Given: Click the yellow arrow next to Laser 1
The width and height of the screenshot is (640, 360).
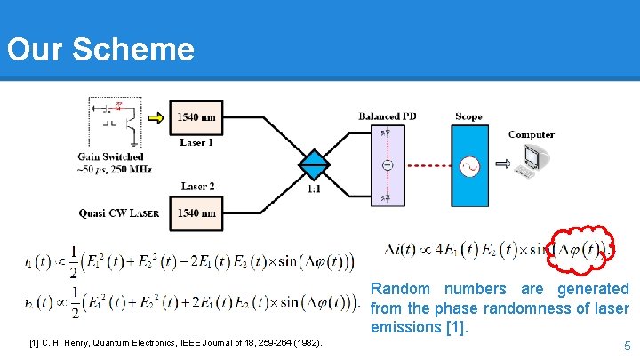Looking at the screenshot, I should pos(156,116).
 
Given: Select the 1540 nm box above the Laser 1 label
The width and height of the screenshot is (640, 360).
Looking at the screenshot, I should pos(196,117).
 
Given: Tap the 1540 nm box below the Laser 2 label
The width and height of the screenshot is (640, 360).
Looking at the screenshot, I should pos(196,212).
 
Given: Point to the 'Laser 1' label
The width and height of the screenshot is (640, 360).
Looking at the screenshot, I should pos(196,141).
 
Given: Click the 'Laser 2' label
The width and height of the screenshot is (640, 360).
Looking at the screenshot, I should pos(197,186).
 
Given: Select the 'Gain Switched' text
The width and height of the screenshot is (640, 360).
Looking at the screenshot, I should pos(110,157).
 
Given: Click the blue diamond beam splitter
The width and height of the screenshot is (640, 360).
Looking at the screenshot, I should pos(313,165).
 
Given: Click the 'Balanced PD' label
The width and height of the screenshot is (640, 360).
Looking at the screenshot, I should pos(388,116).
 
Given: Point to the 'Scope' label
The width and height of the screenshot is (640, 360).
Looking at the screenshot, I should pos(468,116).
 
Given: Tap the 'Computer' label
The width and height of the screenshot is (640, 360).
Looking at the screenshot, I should pos(532,135).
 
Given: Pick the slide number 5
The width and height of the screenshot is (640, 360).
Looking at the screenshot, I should pos(627,346).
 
